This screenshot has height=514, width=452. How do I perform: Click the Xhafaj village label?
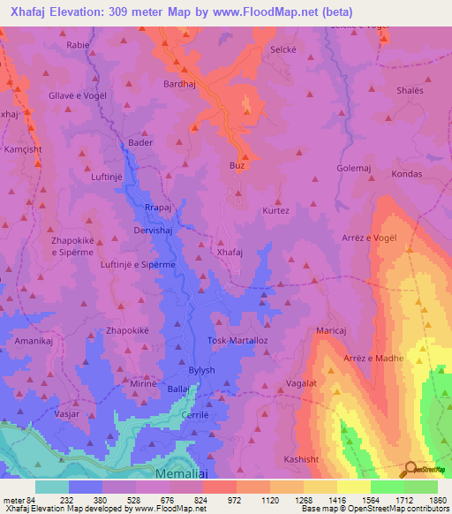(230, 252)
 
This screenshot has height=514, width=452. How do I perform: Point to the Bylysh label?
(201, 370)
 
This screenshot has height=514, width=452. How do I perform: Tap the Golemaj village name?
(355, 167)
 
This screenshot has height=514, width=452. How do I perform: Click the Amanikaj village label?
(36, 339)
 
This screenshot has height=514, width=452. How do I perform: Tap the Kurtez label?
(275, 211)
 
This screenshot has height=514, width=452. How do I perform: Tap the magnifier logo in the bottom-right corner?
(411, 469)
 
